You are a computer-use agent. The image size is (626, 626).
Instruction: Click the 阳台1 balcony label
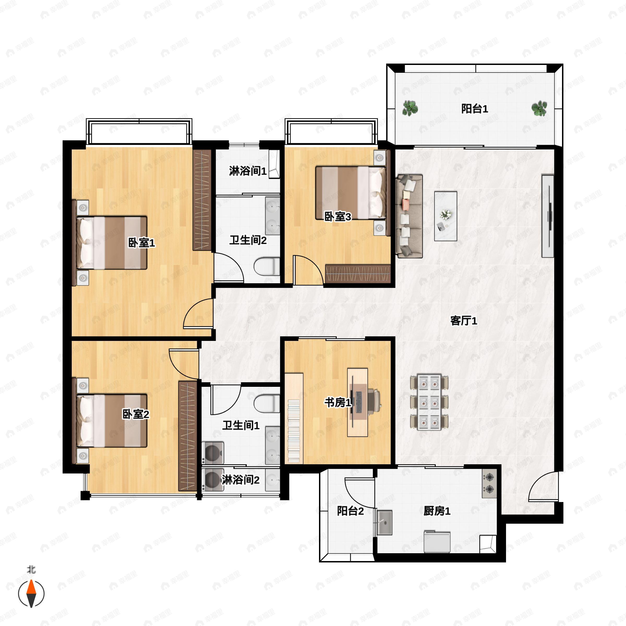[474, 109]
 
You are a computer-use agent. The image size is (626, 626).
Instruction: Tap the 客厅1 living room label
[464, 321]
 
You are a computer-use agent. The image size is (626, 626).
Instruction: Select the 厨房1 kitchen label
[437, 511]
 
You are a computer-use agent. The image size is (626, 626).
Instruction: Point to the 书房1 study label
[338, 402]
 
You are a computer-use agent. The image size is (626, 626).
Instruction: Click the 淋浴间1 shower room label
[248, 171]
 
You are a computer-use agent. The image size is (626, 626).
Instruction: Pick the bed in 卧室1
[112, 243]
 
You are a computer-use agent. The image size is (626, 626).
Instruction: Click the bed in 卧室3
[351, 193]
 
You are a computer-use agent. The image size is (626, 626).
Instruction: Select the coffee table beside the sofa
[446, 216]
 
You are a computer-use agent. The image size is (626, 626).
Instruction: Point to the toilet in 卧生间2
[267, 266]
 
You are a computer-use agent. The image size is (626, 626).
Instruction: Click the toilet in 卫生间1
[267, 404]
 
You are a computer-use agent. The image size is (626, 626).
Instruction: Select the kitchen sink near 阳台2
[385, 522]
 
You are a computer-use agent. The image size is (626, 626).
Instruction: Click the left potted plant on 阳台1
[410, 108]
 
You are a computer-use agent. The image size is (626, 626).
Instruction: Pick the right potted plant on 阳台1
[539, 108]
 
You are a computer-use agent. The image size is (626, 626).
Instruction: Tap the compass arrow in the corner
[31, 594]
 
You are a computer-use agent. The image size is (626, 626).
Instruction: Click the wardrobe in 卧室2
[188, 436]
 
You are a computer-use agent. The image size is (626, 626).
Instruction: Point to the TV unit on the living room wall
[547, 216]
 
